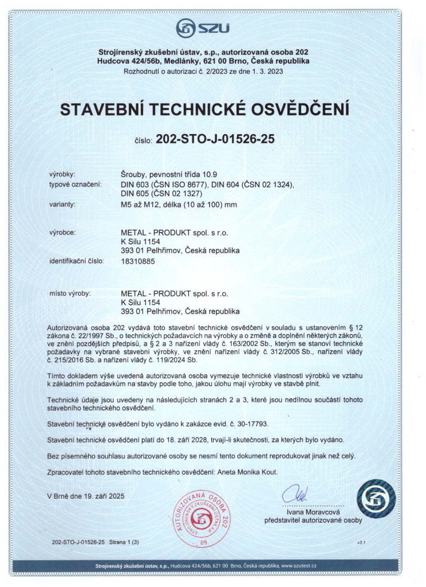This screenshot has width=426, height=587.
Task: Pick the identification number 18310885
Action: (x=137, y=261)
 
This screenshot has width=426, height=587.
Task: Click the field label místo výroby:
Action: (x=70, y=293)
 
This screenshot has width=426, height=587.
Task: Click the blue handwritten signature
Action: (x=299, y=494)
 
